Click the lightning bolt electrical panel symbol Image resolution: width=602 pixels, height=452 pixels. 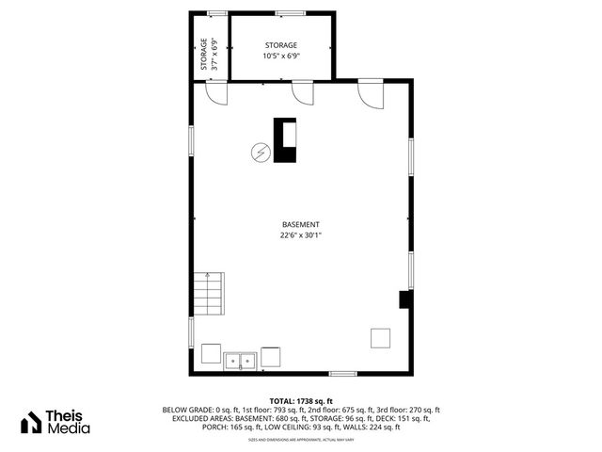pyautogui.click(x=260, y=152)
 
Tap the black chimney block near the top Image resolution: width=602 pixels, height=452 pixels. pyautogui.click(x=284, y=140)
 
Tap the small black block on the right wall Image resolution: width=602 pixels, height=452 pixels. pyautogui.click(x=404, y=299)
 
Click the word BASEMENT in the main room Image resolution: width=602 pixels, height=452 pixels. pyautogui.click(x=301, y=224)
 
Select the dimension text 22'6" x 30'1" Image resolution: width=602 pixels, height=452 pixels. pyautogui.click(x=301, y=235)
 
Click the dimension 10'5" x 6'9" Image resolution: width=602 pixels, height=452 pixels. pyautogui.click(x=281, y=56)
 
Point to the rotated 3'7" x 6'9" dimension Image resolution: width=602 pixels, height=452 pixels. pyautogui.click(x=214, y=55)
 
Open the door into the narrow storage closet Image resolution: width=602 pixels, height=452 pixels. pyautogui.click(x=217, y=93)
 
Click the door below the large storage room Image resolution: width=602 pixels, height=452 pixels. pyautogui.click(x=303, y=92)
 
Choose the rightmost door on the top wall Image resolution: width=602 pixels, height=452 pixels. pyautogui.click(x=369, y=94)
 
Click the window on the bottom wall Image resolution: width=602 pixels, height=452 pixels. pyautogui.click(x=342, y=373)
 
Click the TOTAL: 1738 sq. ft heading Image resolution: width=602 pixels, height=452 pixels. pyautogui.click(x=301, y=401)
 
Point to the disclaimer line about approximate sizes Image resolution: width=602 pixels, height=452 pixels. pyautogui.click(x=301, y=440)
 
